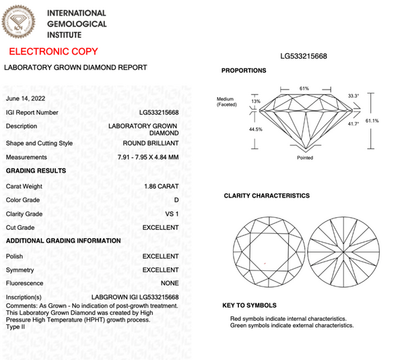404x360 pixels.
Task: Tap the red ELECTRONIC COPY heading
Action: [53, 52]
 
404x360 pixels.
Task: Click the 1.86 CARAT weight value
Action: [162, 185]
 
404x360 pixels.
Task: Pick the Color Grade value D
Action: [176, 200]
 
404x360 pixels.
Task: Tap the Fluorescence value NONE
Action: [170, 283]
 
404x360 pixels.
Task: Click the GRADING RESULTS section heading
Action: [36, 171]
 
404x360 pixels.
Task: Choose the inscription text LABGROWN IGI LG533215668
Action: [135, 297]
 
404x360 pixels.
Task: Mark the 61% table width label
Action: [304, 88]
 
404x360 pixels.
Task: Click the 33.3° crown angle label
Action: [353, 96]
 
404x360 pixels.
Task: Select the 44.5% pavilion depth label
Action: [236, 129]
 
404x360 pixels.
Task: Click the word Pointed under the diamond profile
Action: [304, 158]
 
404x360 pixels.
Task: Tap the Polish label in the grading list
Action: [14, 256]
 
